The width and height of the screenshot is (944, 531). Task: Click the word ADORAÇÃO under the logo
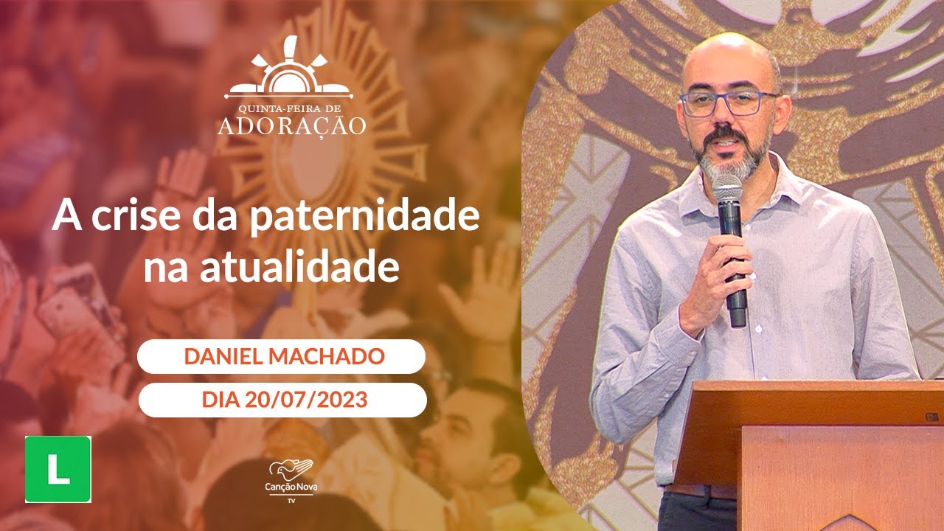(291, 125)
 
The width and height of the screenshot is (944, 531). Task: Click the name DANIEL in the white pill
(223, 357)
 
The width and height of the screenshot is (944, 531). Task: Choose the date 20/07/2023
(305, 400)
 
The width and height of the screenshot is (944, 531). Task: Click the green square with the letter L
(58, 469)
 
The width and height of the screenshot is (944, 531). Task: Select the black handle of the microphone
(735, 295)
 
